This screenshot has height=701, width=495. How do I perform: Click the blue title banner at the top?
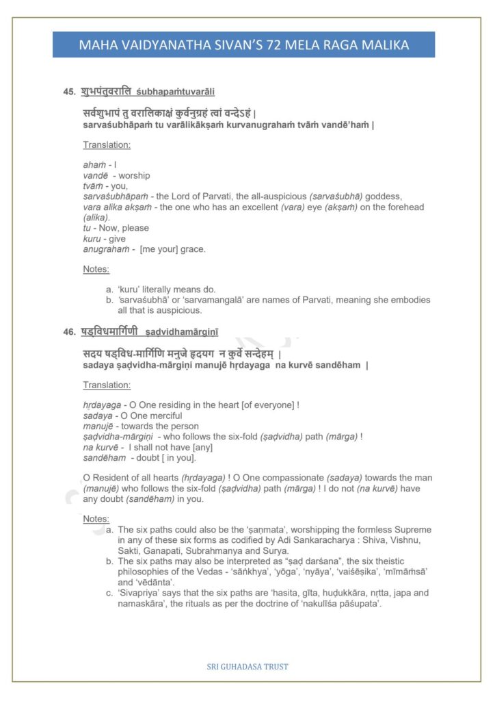[x=244, y=45]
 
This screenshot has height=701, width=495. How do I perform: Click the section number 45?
[x=68, y=91]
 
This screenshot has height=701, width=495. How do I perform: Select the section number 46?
[x=68, y=332]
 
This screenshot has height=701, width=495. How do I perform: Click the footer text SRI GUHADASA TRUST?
[x=247, y=666]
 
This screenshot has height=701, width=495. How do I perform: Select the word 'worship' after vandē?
[x=134, y=176]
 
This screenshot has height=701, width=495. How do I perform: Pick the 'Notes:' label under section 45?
[x=96, y=269]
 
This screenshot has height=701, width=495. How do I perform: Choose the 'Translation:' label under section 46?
[x=107, y=385]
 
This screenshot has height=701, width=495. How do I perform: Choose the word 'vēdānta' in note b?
[x=160, y=582]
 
